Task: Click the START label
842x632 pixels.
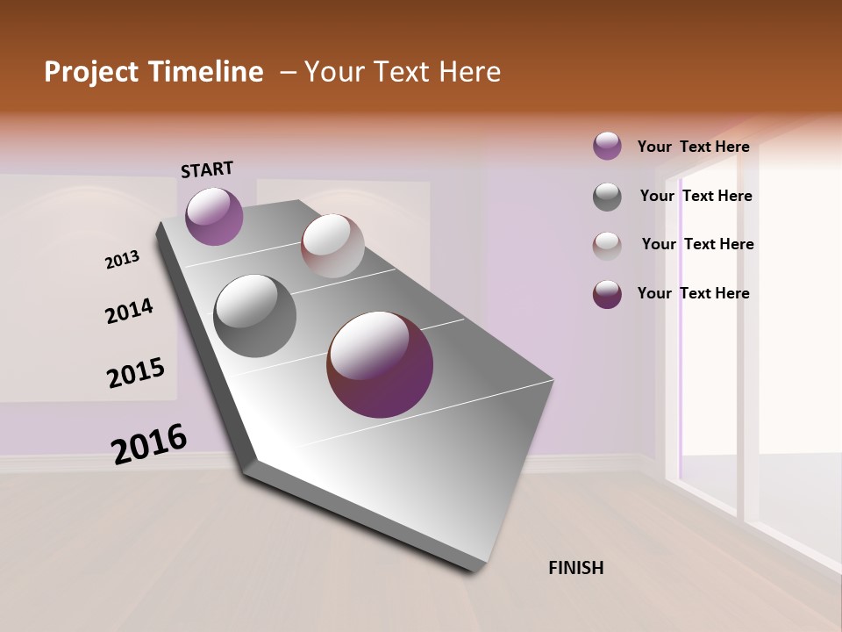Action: (207, 169)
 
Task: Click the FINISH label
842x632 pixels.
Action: (575, 568)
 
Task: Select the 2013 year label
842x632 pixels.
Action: (122, 260)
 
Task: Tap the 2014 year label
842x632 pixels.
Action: (129, 312)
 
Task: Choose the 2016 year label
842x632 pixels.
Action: (149, 444)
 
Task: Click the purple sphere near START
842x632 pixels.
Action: (214, 216)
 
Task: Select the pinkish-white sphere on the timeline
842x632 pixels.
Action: (332, 246)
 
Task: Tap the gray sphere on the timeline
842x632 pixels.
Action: (255, 316)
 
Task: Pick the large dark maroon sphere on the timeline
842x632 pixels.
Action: (380, 364)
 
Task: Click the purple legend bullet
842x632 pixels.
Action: (607, 147)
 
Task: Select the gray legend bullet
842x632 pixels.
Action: (607, 197)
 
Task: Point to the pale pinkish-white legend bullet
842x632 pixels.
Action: (607, 246)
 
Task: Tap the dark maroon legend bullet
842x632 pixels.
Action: (607, 294)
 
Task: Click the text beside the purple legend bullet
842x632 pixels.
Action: (693, 147)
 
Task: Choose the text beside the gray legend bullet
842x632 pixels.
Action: (696, 196)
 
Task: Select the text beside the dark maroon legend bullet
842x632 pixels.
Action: (693, 293)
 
